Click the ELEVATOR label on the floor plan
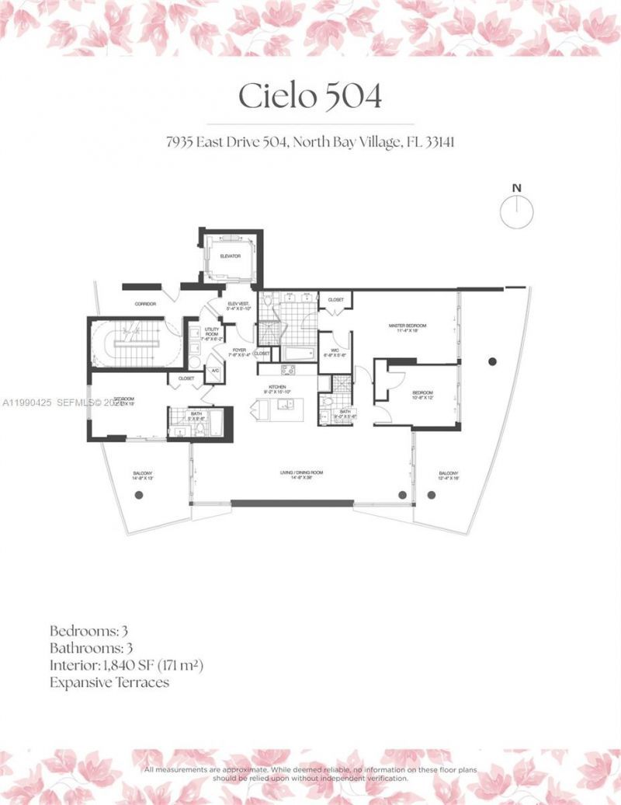point(231,256)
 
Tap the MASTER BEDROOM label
point(408,326)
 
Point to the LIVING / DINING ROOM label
point(301,473)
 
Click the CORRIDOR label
point(145,304)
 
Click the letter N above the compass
point(516,187)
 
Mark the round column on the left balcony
point(139,495)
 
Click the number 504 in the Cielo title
point(354,96)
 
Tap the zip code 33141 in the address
point(423,143)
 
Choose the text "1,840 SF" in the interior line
point(130,665)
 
